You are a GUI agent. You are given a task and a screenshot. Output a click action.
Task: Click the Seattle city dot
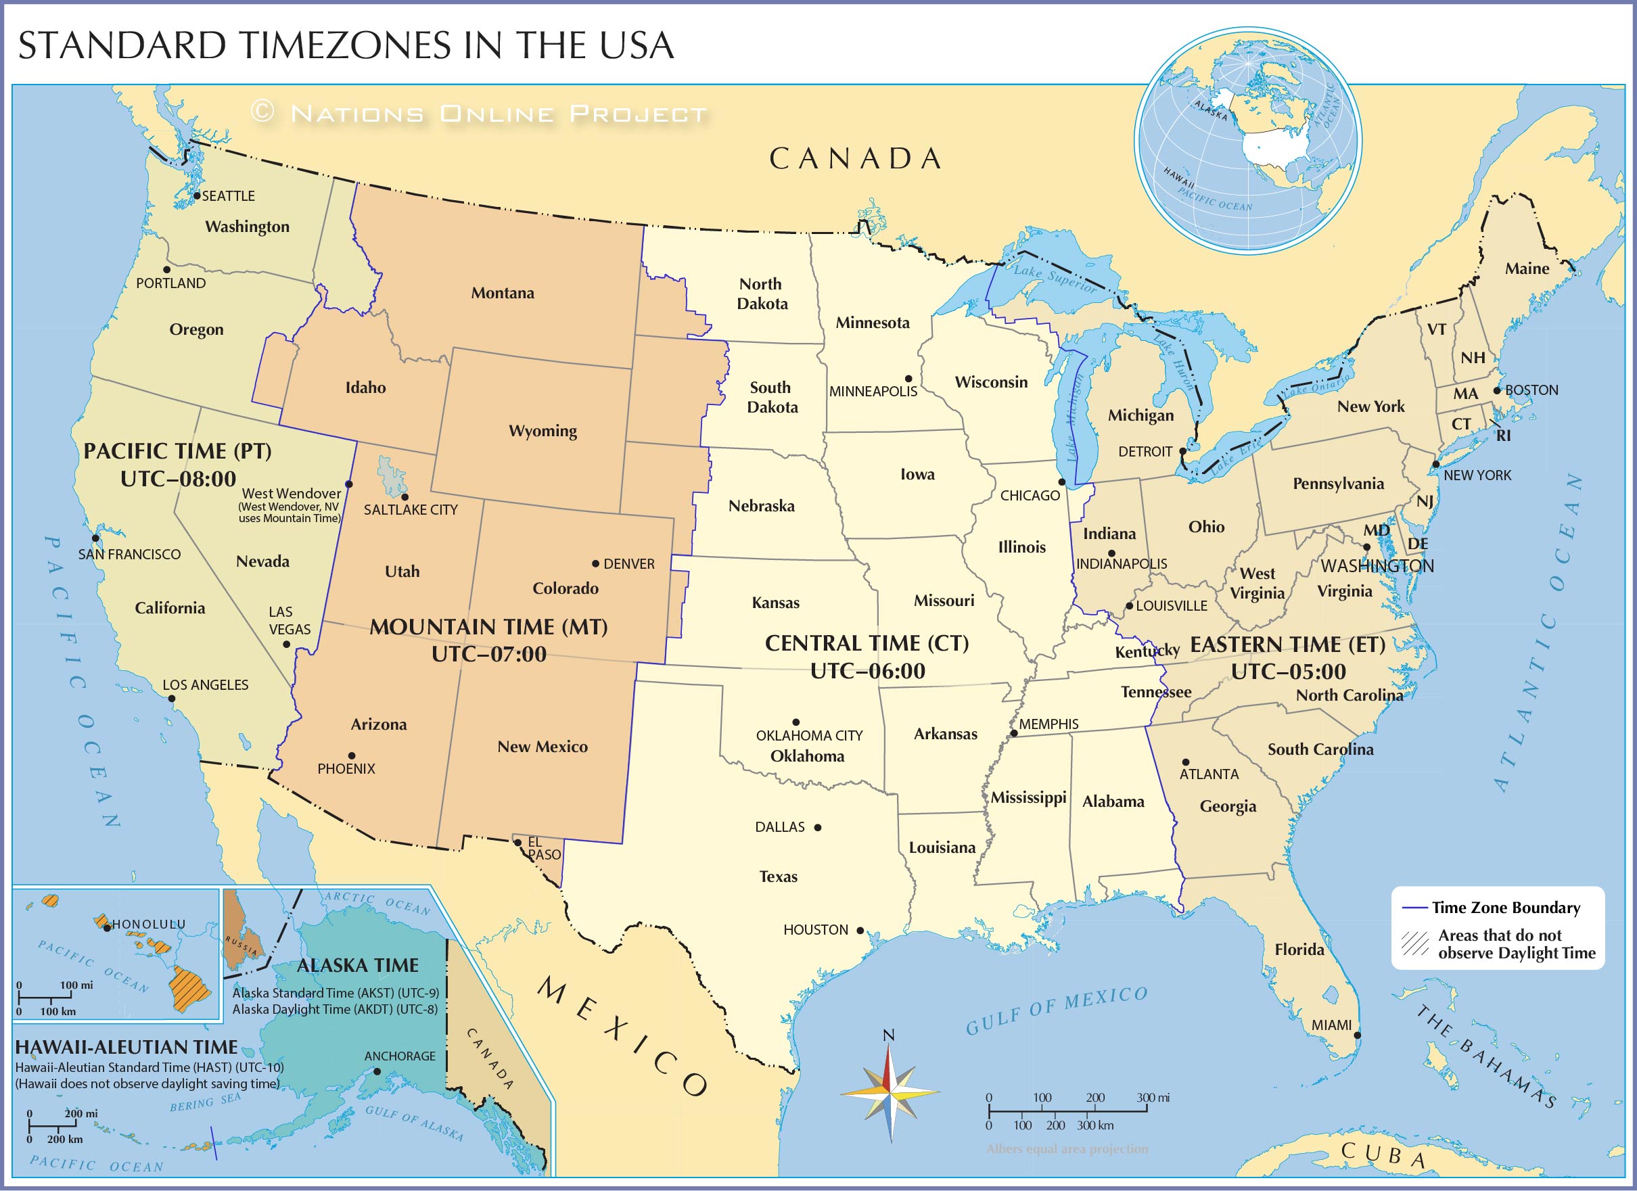point(196,195)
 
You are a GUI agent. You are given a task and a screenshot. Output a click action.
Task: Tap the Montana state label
point(503,293)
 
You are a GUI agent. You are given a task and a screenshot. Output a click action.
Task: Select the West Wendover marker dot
point(349,484)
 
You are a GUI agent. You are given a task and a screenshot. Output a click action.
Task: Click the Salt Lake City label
point(410,509)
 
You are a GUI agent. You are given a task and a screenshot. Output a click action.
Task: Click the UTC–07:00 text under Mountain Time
point(488,654)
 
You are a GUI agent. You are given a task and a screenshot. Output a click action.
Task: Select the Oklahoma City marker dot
point(796,722)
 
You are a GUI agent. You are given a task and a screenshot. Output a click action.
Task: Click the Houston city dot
point(860,931)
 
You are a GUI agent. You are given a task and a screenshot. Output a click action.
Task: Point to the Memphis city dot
point(1013,733)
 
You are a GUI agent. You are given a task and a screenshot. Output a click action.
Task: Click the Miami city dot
point(1357,1035)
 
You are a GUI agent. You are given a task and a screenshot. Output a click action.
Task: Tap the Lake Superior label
point(1055,279)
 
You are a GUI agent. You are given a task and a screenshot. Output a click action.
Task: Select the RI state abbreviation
point(1503,436)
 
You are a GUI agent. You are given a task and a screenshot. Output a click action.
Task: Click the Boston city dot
point(1497,390)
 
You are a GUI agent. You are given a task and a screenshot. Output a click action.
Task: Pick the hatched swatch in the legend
point(1415,943)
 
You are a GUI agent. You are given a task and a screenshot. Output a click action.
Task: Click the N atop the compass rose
point(889,1035)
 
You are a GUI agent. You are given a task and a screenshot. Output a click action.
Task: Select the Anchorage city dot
point(376,1071)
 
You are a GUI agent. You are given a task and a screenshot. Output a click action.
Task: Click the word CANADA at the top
point(854,159)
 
